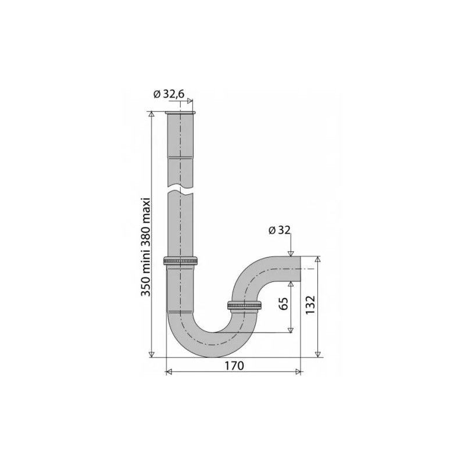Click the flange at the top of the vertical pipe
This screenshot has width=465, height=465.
[181, 112]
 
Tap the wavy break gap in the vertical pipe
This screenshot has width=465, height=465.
[181, 190]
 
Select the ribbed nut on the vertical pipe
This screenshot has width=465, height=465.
[181, 260]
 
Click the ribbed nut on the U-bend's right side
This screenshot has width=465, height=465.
[244, 305]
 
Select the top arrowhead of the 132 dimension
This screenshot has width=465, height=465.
[317, 259]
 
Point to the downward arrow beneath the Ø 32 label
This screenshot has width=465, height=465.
[290, 252]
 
